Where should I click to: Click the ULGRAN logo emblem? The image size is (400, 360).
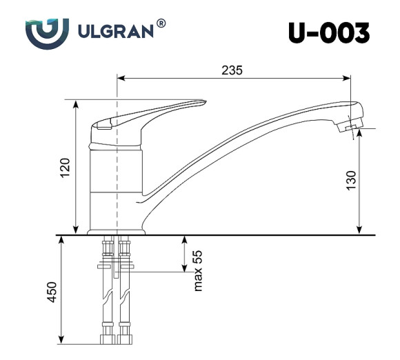(x=46, y=32)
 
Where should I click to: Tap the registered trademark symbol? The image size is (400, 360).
(x=161, y=23)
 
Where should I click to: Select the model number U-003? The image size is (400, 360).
(x=329, y=32)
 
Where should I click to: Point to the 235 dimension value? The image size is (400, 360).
(x=232, y=70)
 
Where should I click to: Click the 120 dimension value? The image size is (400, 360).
(x=65, y=168)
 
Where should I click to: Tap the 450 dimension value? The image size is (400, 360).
(x=51, y=292)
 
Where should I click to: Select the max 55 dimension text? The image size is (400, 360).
(x=198, y=270)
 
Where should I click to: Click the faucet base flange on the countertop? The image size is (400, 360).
(x=118, y=232)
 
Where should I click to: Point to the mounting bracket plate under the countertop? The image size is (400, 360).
(x=116, y=263)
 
